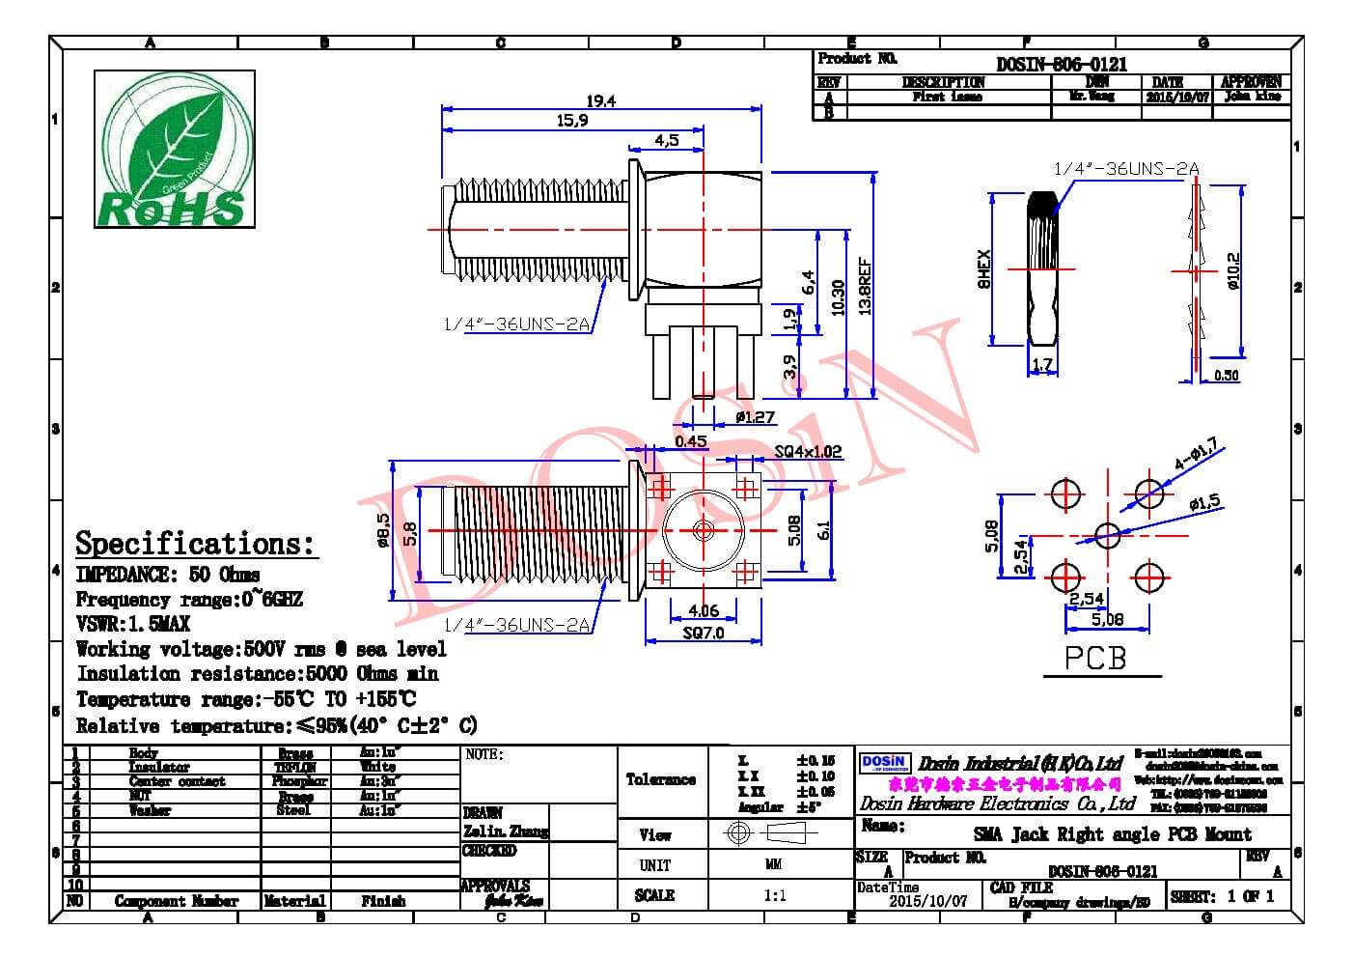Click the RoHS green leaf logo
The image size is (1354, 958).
174,150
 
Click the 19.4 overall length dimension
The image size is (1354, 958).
599,100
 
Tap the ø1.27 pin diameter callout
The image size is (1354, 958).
755,417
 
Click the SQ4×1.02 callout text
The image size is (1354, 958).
808,451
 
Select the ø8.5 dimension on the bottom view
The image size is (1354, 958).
383,530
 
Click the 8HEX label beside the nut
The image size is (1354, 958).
983,269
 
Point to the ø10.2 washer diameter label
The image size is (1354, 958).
1232,270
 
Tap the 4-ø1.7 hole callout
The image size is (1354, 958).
1196,455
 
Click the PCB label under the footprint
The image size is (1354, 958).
1095,658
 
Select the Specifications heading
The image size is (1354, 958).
195,543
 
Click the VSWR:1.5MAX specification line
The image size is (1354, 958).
133,624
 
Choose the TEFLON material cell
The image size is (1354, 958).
295,767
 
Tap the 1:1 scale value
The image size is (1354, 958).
774,895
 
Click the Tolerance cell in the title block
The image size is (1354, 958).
661,779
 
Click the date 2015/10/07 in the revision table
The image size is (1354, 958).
1176,97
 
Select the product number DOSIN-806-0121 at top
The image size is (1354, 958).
1062,64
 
